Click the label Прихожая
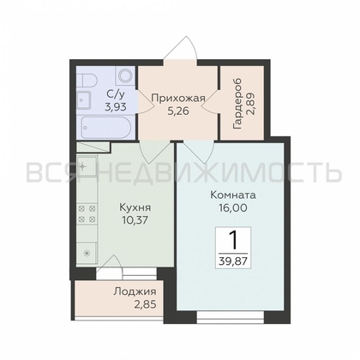pyautogui.click(x=177, y=98)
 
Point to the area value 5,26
pyautogui.click(x=177, y=109)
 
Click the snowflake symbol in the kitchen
pyautogui.click(x=86, y=254)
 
